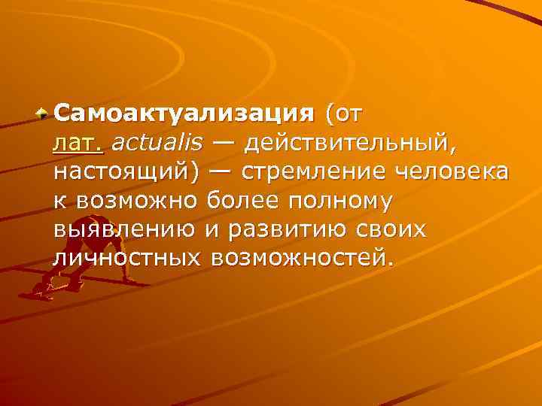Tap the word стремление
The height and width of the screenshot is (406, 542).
[316, 172]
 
